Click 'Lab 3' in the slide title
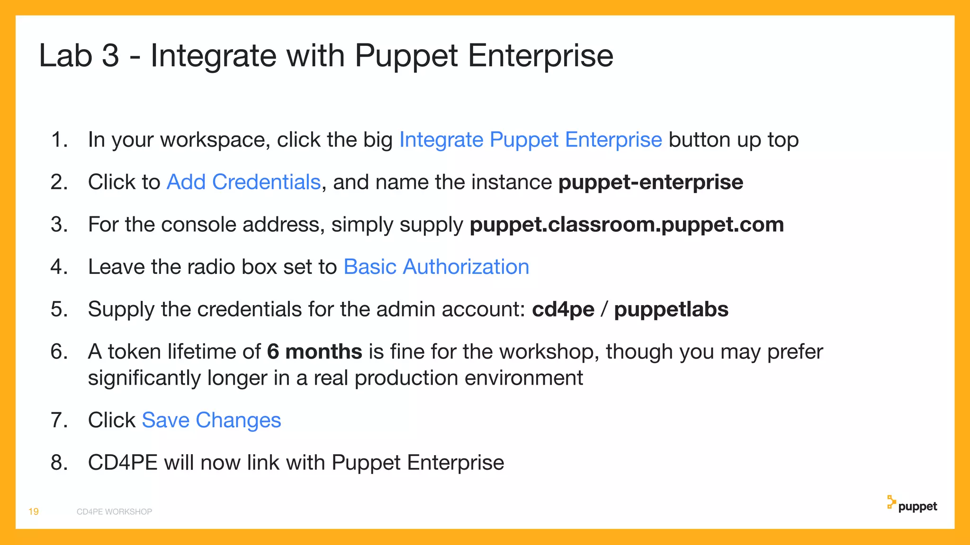(x=79, y=56)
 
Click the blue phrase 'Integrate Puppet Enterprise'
(x=530, y=140)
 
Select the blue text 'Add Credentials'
(x=243, y=182)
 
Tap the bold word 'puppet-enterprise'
(x=651, y=182)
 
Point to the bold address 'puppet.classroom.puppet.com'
(x=627, y=224)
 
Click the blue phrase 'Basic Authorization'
(x=436, y=267)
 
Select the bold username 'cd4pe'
(x=563, y=309)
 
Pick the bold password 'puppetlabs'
(x=671, y=309)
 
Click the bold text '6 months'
(x=314, y=352)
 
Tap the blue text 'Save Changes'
(x=211, y=420)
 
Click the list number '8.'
(x=59, y=463)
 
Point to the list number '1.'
(x=59, y=140)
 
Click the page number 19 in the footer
(x=34, y=511)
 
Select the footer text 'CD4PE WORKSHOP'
(x=114, y=512)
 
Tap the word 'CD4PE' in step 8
(x=123, y=463)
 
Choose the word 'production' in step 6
(x=406, y=378)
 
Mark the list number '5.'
(x=59, y=309)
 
